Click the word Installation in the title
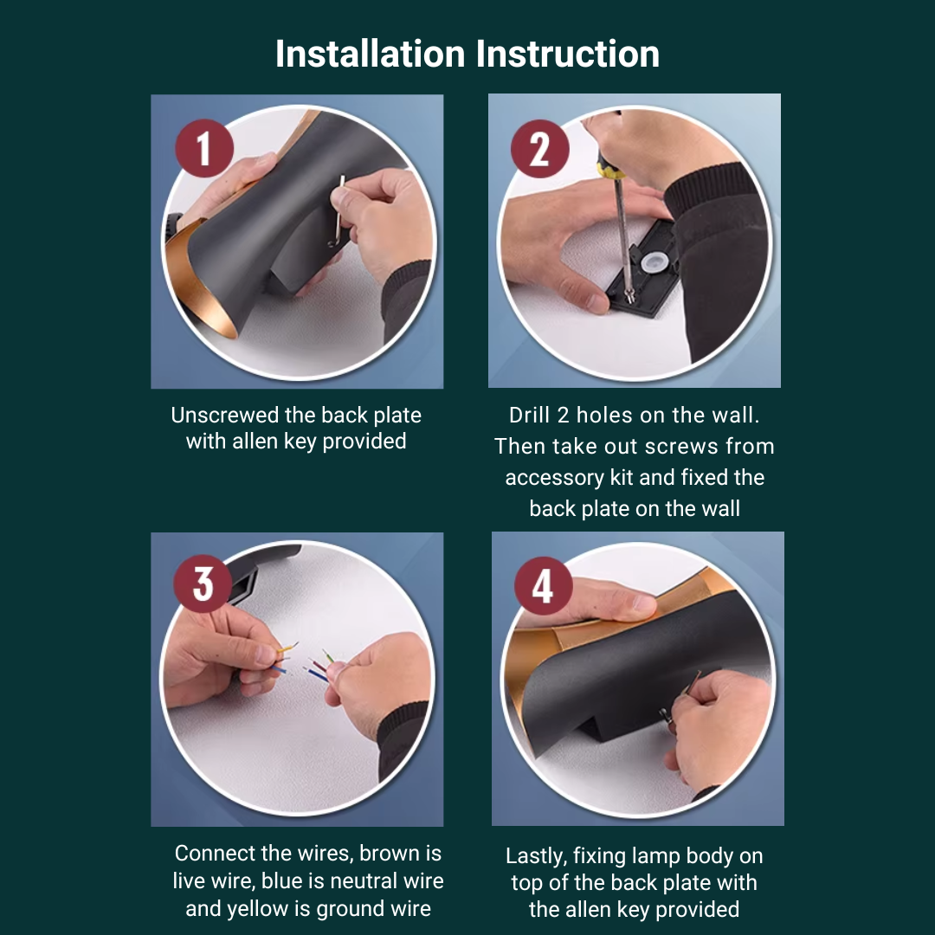[x=370, y=55]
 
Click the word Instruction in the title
[x=568, y=55]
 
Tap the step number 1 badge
[x=204, y=148]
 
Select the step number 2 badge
[x=539, y=149]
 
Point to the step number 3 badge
[x=203, y=584]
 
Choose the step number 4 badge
[x=543, y=586]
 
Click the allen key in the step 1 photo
[x=338, y=212]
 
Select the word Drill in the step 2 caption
[x=529, y=415]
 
